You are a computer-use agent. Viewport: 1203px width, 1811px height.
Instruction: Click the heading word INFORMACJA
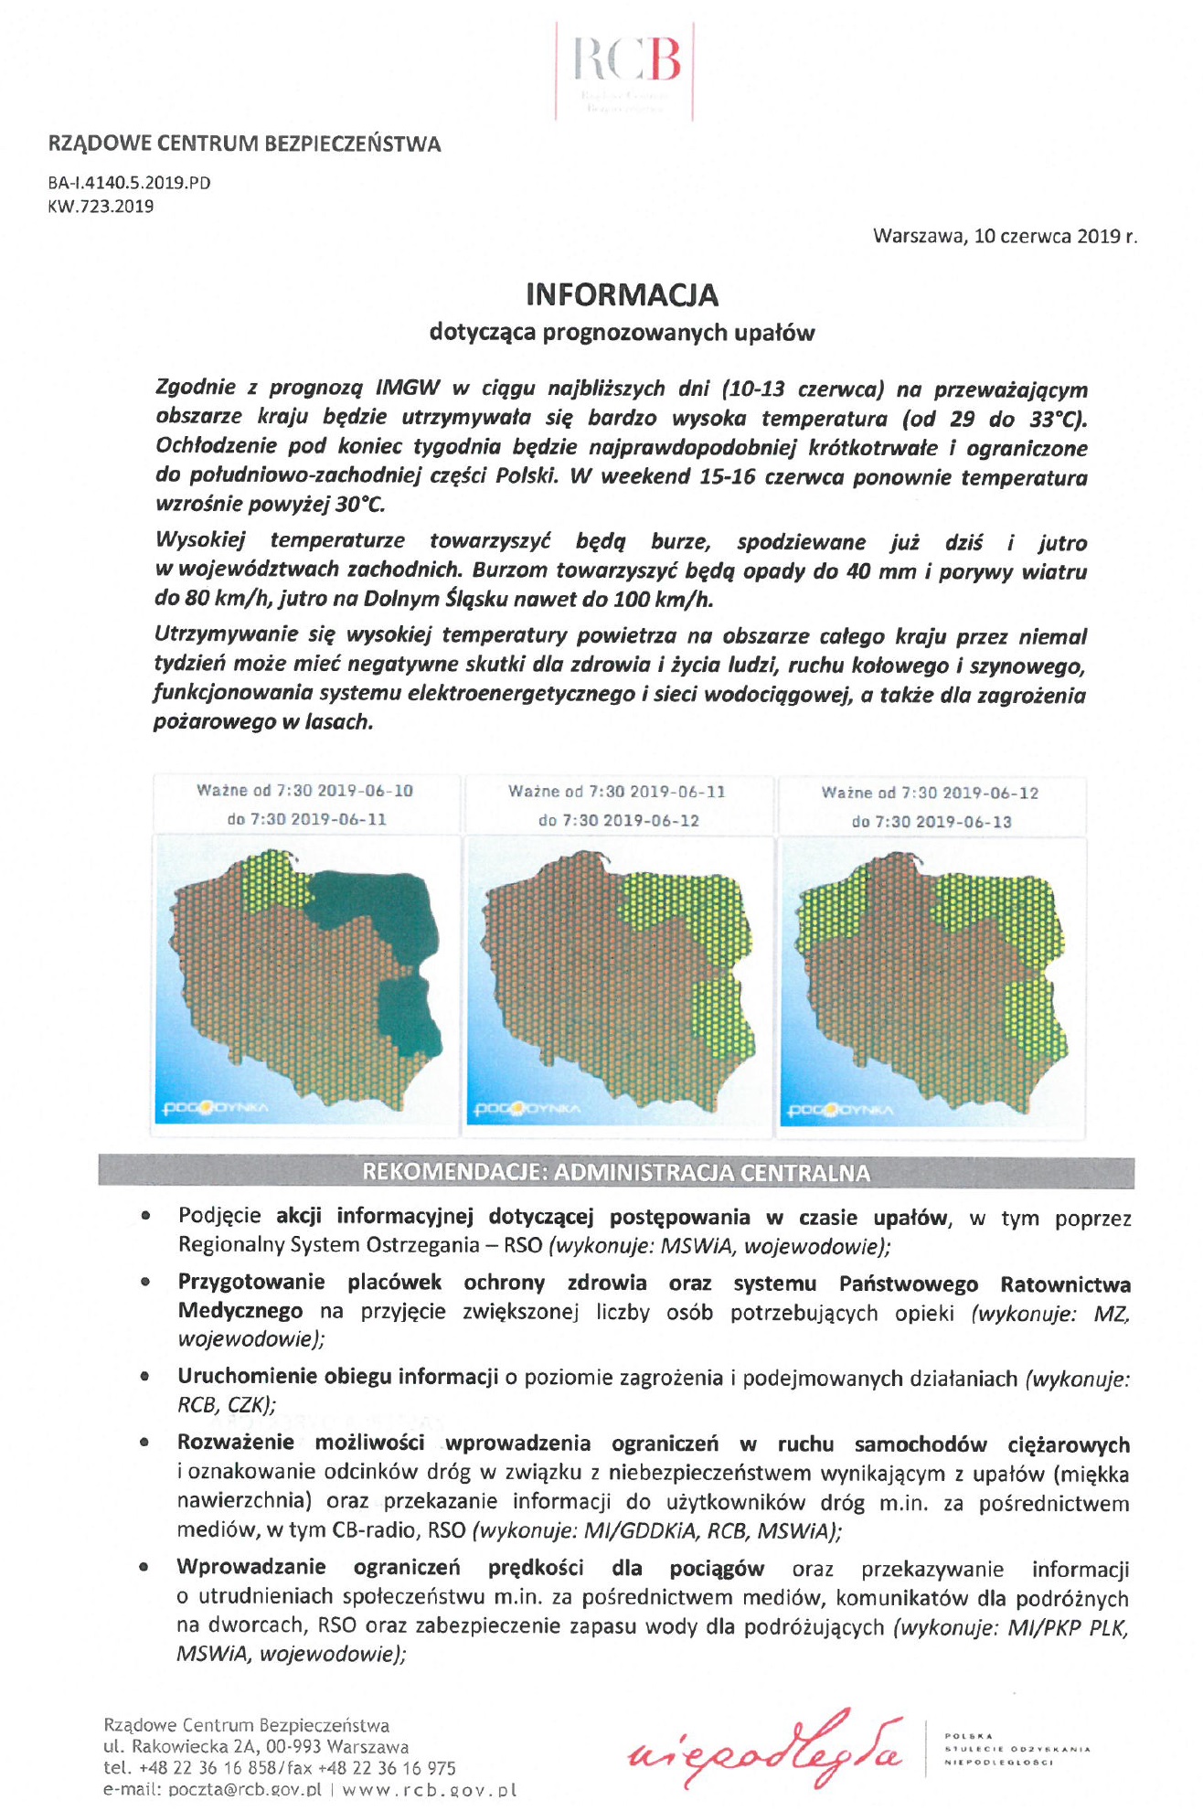(622, 294)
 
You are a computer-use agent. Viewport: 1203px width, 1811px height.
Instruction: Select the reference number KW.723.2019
(101, 207)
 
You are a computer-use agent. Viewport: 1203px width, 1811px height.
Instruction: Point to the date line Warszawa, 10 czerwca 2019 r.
(1005, 236)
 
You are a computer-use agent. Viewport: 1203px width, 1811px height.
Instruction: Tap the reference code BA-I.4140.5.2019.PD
(129, 183)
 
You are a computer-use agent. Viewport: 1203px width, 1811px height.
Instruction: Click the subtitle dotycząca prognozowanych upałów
(622, 333)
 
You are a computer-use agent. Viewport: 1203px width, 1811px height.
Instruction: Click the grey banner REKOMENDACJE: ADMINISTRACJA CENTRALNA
(616, 1173)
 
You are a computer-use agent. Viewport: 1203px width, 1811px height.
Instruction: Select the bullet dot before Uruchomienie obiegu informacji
(144, 1376)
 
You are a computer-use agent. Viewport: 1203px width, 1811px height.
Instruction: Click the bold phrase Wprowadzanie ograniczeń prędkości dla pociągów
(470, 1569)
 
